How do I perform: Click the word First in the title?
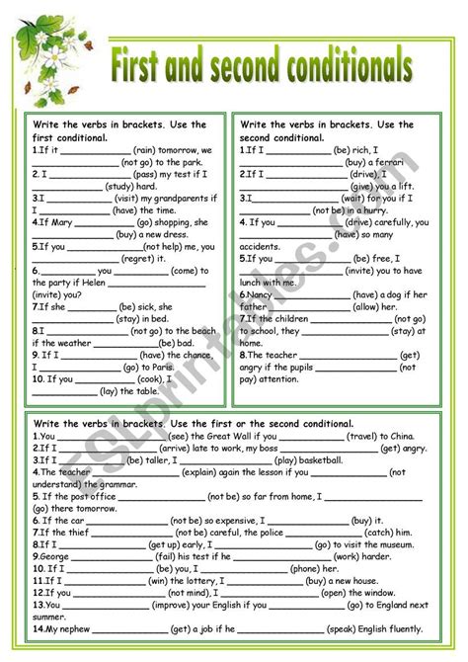[x=147, y=67]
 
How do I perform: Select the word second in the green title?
[x=238, y=67]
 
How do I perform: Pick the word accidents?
[x=261, y=246]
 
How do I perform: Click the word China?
[x=410, y=435]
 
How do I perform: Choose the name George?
[x=50, y=555]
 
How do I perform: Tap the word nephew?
[x=67, y=627]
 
